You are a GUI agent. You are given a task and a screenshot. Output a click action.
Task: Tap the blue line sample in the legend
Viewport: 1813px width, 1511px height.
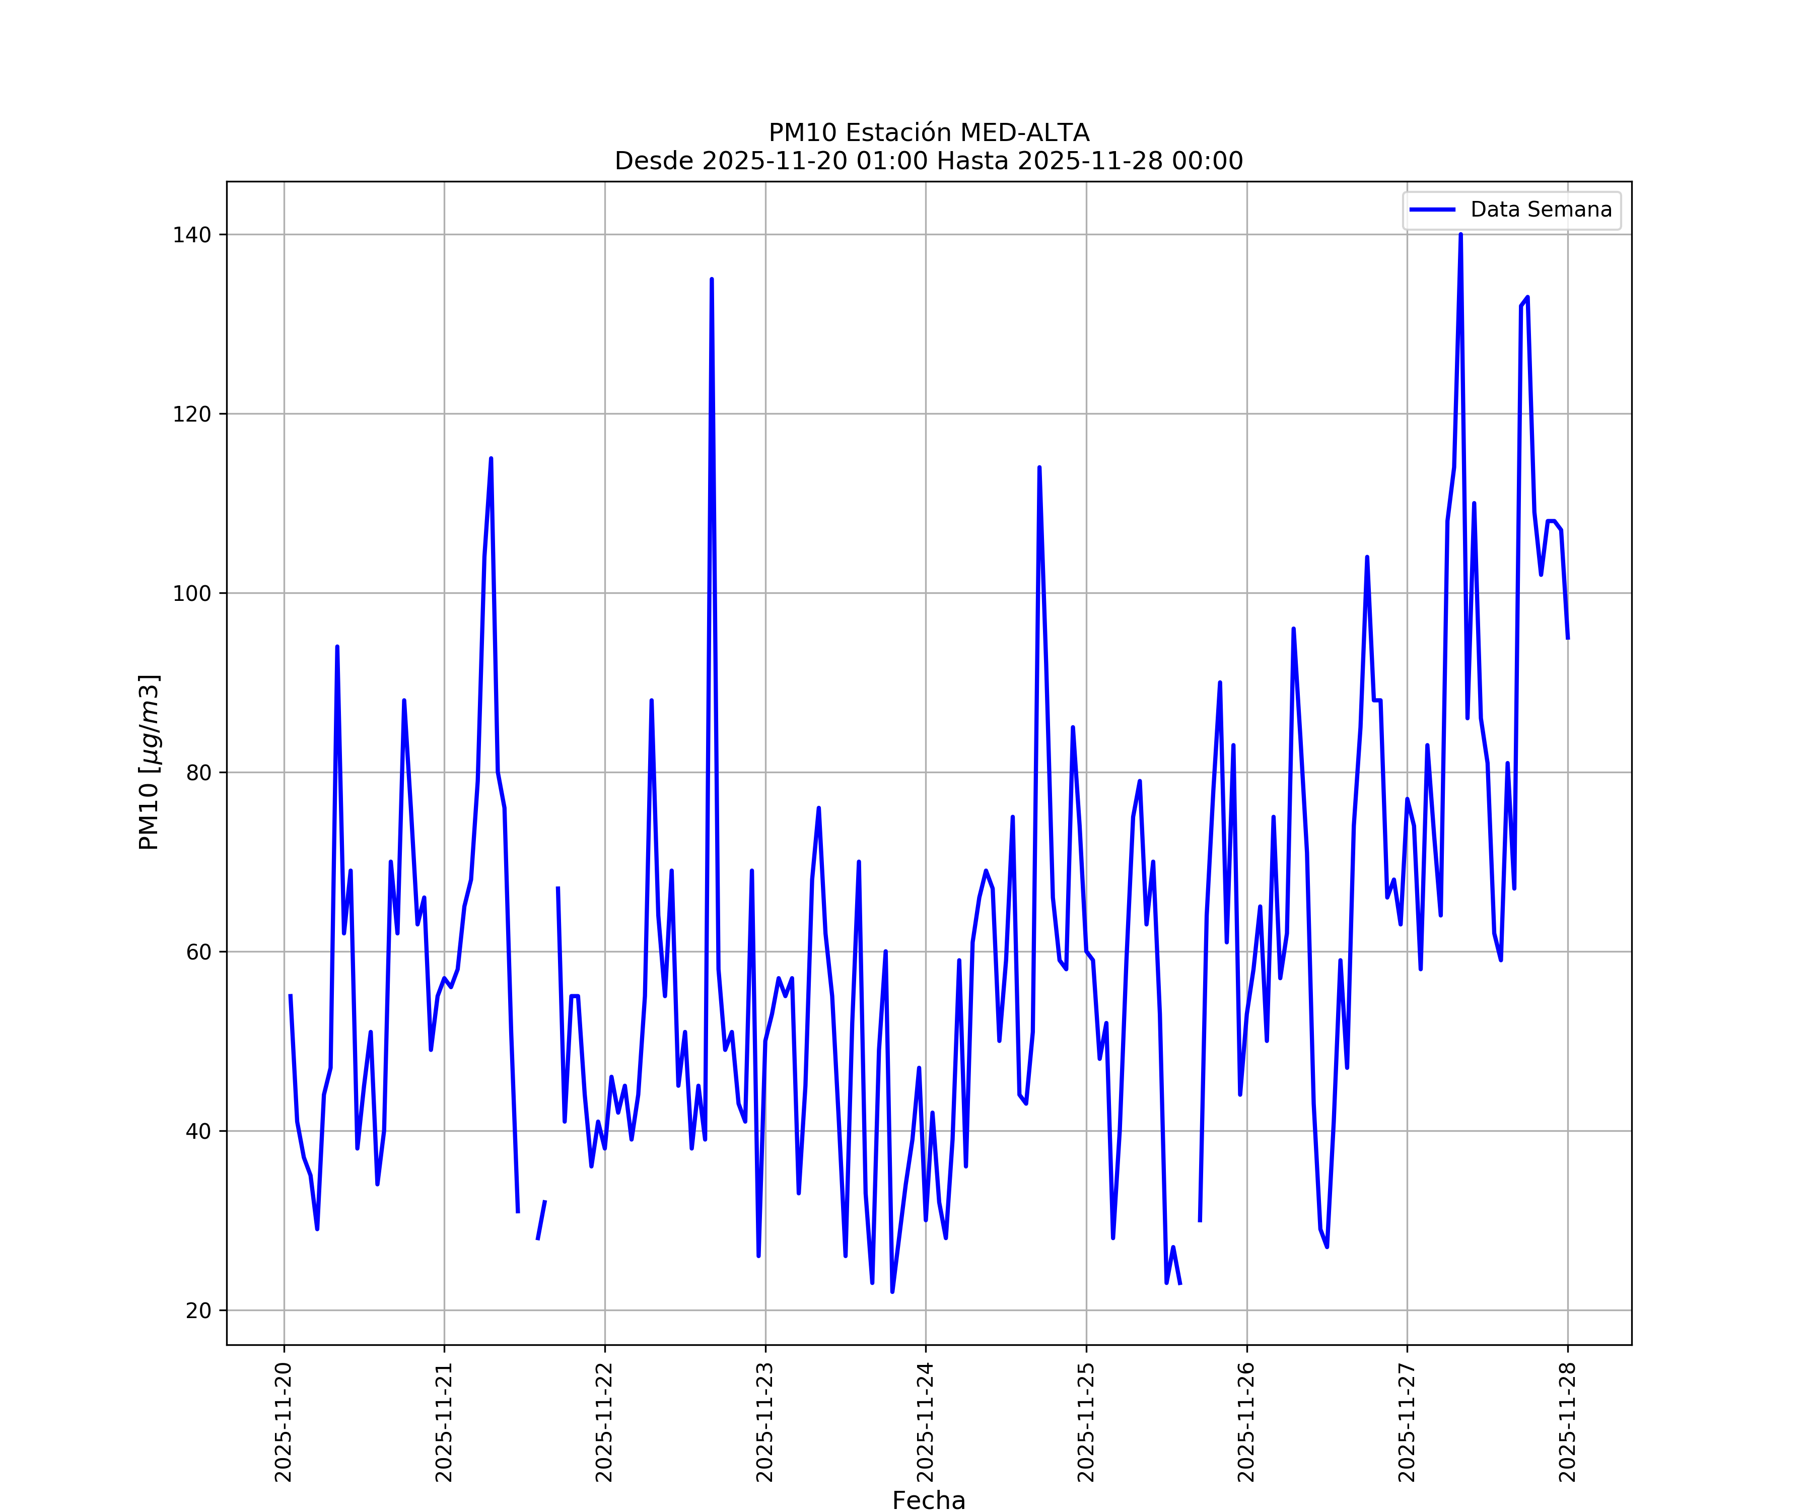(1432, 210)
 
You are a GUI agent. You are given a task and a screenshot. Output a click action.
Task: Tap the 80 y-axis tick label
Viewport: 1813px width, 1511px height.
(198, 773)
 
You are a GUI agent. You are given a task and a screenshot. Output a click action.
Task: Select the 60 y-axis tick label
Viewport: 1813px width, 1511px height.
(198, 952)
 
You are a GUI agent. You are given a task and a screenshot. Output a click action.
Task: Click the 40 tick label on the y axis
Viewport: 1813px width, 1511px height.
(198, 1131)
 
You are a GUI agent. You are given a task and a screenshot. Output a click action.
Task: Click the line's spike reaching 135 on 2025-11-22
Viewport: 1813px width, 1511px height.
(712, 280)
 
